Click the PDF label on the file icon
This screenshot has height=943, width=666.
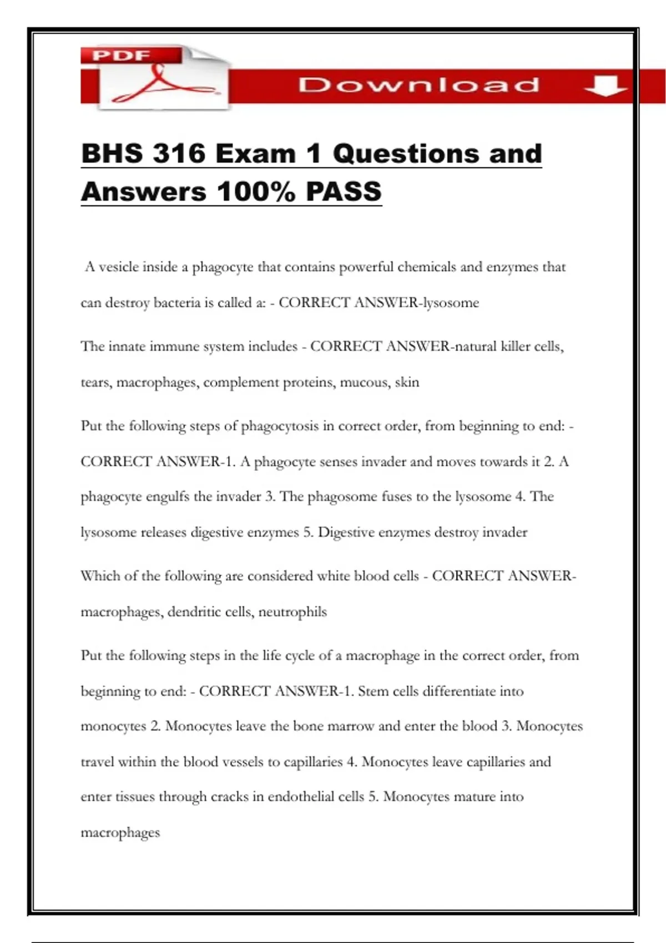(x=121, y=55)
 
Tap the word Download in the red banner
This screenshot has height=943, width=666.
(x=418, y=85)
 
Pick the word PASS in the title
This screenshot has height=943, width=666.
(x=344, y=192)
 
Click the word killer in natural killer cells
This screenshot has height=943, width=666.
(x=516, y=347)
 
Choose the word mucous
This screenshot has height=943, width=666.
(x=364, y=383)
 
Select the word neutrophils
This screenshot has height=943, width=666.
(x=292, y=612)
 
